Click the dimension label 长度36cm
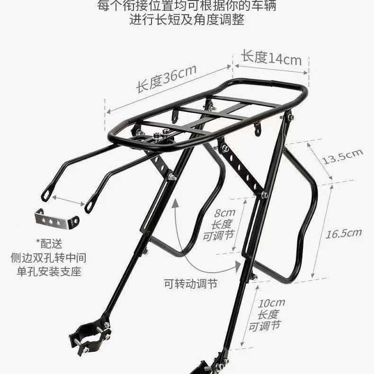pos(166,78)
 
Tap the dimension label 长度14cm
pos(271,58)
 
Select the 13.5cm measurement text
pos(342,157)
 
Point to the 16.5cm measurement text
pos(344,233)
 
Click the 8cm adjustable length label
pos(219,224)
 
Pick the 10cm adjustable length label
pos(267,315)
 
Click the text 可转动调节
pos(191,284)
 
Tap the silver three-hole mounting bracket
pos(57,220)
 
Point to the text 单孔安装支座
pos(49,272)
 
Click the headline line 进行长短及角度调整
pos(187,19)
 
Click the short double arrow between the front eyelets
pos(68,200)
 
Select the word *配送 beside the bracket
pos(49,244)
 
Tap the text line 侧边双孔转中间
pos(48,258)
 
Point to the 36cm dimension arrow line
pos(169,89)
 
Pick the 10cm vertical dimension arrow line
pos(249,315)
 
